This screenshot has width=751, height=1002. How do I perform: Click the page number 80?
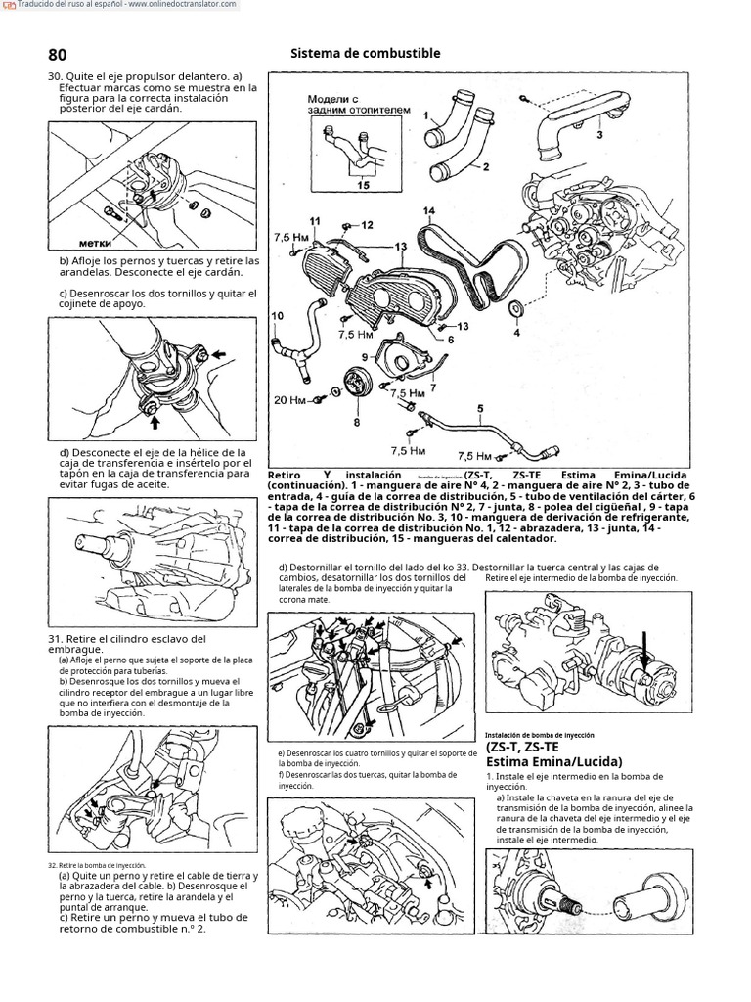[57, 55]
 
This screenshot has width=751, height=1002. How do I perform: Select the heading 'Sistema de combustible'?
[366, 54]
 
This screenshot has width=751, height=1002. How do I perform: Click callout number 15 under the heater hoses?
[364, 183]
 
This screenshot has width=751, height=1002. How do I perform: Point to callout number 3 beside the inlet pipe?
[599, 135]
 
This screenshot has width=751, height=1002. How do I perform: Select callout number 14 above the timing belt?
[428, 211]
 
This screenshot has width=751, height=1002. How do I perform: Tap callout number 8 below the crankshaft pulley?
[357, 422]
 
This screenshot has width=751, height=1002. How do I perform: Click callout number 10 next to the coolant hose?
[277, 315]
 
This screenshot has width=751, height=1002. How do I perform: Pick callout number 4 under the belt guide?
[516, 331]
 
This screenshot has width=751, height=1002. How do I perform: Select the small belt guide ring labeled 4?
[516, 310]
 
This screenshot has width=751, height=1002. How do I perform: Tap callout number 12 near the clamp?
[367, 225]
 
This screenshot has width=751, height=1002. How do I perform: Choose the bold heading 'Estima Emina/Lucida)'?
[553, 761]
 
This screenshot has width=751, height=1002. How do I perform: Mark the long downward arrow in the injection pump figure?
[642, 653]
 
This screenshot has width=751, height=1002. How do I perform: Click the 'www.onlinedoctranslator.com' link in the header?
[182, 5]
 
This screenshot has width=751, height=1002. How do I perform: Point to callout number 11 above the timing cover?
[315, 220]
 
